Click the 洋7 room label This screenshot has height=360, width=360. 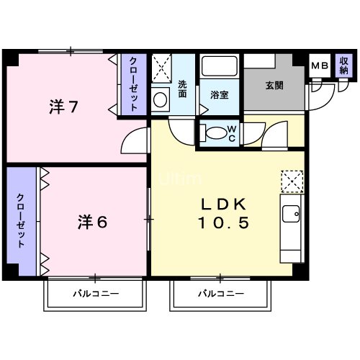[63, 108]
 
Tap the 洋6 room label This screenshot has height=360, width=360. [92, 222]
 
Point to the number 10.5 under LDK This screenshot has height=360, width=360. [222, 224]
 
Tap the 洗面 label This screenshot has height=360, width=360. [183, 87]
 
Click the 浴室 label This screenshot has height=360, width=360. [220, 94]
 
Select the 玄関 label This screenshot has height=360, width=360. [274, 85]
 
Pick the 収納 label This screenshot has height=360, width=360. [343, 66]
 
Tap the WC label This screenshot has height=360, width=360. [232, 134]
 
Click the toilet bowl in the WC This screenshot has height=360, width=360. [215, 134]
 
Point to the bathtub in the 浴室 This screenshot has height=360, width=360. [220, 67]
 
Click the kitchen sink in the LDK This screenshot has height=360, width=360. [291, 215]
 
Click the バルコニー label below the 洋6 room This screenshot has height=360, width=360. [95, 294]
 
